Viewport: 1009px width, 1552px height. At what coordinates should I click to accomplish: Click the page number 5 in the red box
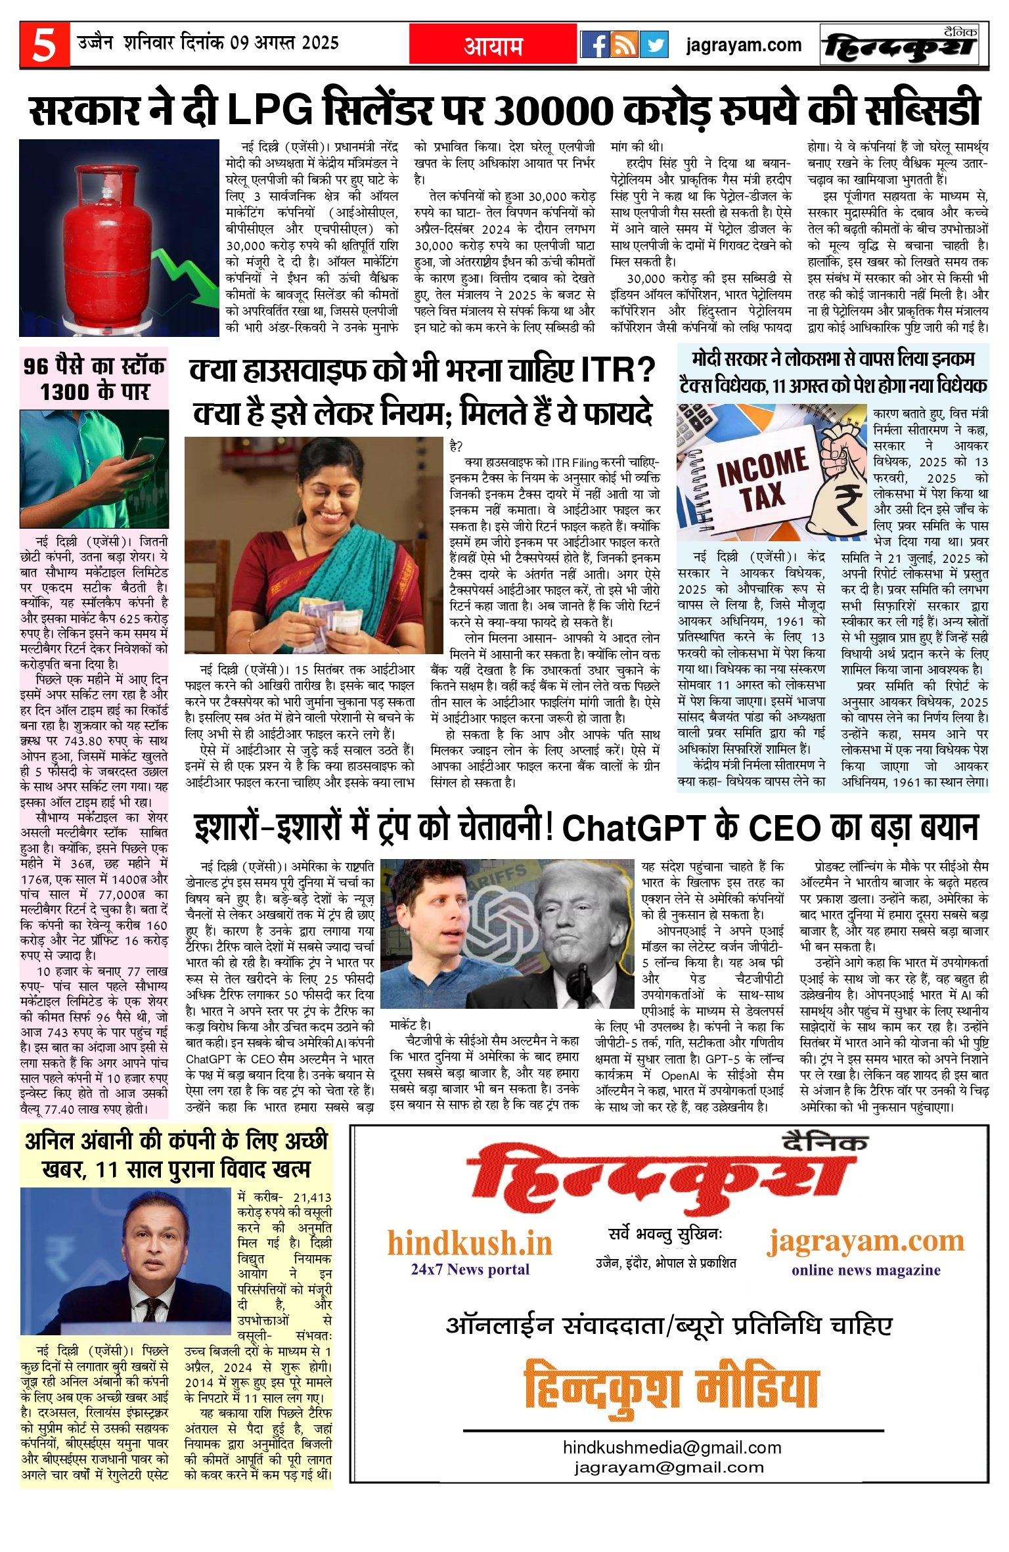(x=44, y=45)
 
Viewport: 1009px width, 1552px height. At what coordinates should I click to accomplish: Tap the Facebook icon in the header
(x=595, y=45)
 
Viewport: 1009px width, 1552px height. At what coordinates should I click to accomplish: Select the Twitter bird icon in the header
(x=653, y=45)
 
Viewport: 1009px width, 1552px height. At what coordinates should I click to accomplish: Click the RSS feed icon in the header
(x=624, y=45)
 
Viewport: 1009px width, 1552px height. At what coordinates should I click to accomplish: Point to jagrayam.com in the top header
(x=744, y=45)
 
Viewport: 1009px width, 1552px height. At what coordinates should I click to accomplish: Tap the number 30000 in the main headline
(x=552, y=110)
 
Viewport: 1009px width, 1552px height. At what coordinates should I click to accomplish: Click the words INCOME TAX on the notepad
(x=763, y=477)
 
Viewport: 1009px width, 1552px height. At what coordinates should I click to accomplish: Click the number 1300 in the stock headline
(x=66, y=392)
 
